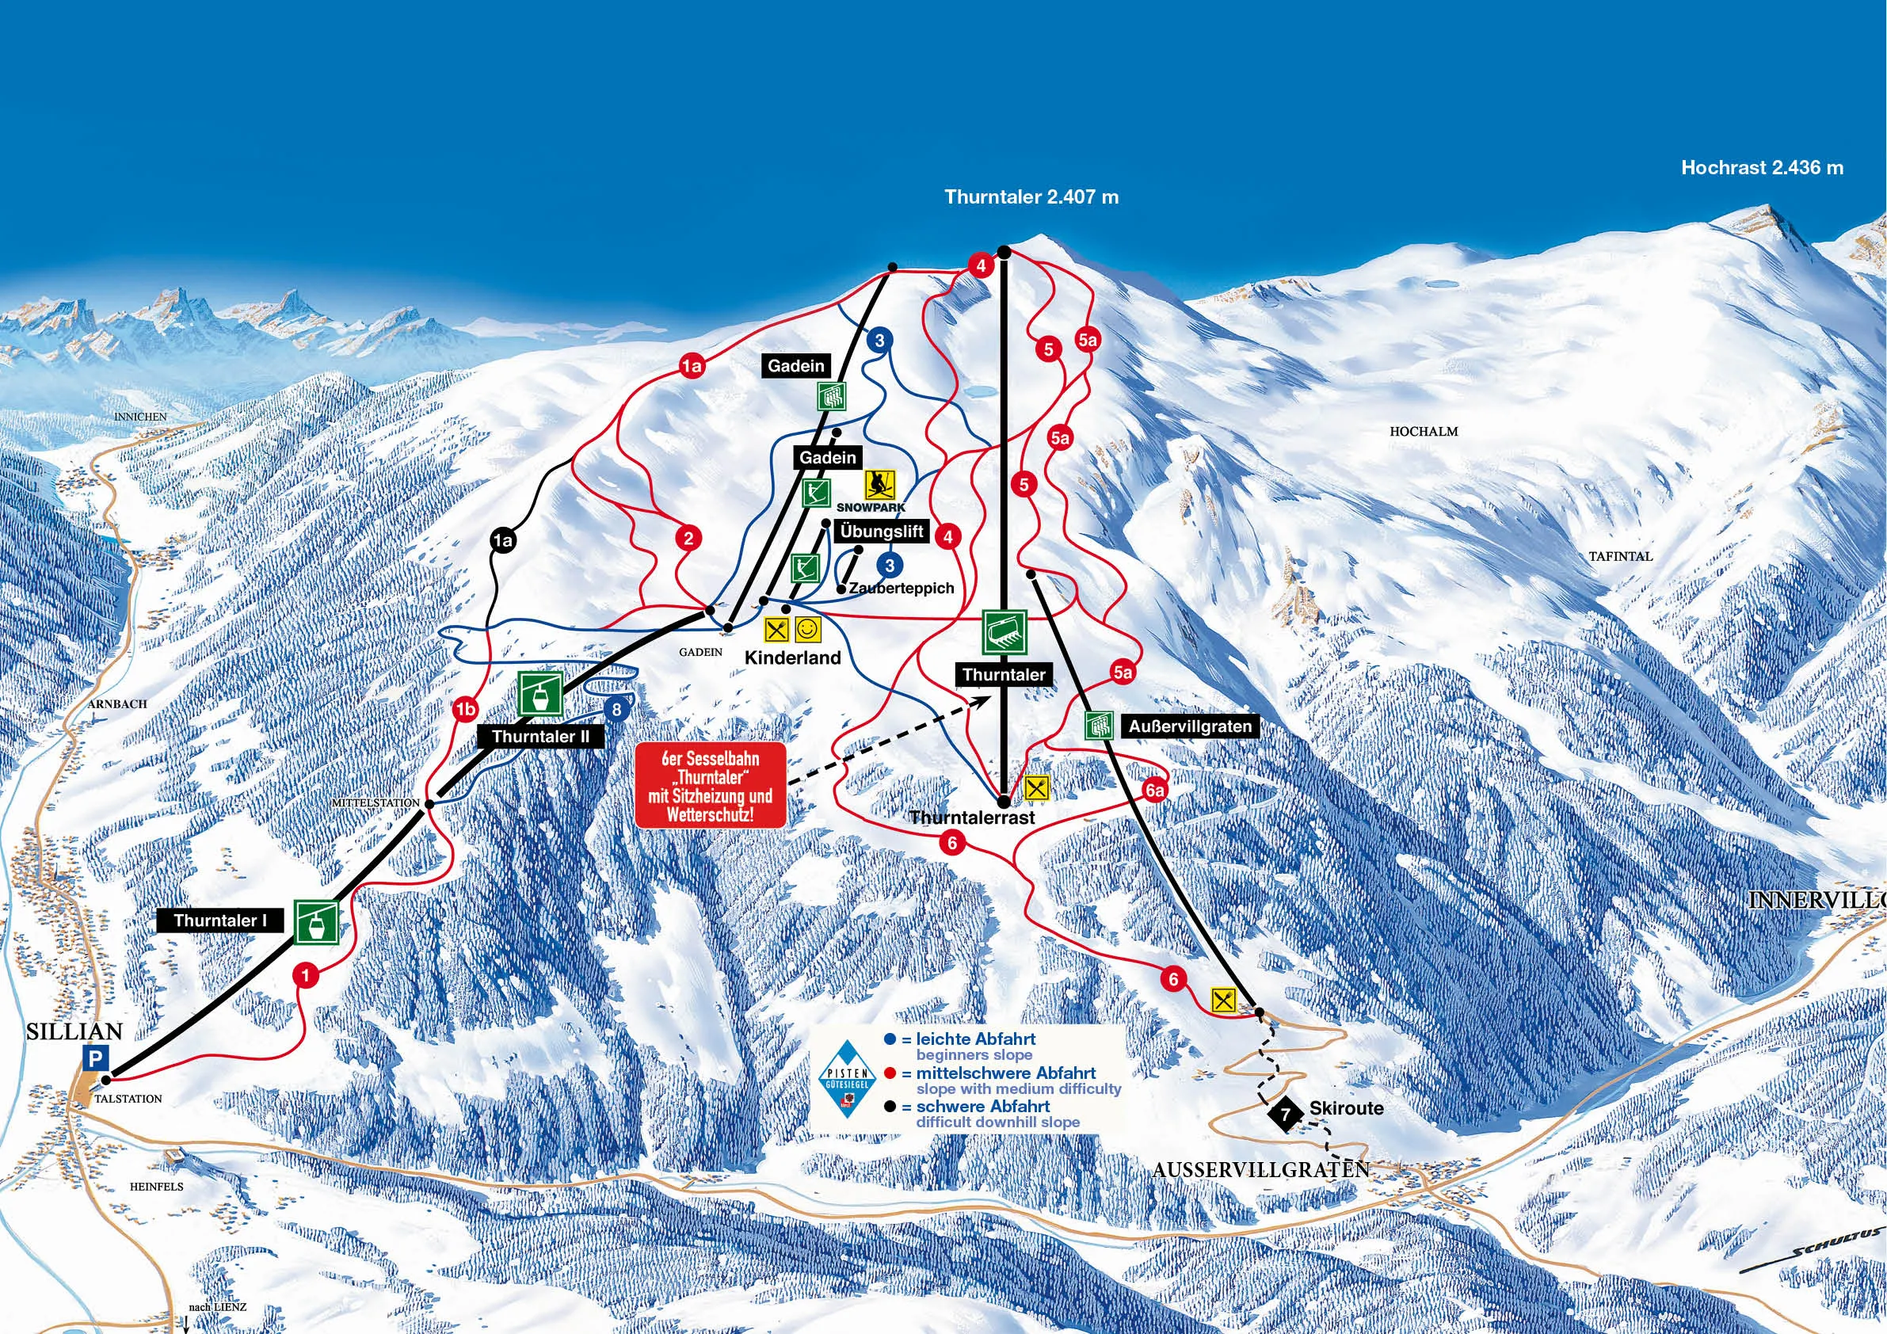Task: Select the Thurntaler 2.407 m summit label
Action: pos(1031,197)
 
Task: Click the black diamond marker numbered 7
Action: pos(1287,1114)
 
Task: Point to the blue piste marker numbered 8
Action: pos(616,708)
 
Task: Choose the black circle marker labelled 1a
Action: pos(502,540)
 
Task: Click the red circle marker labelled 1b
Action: pos(465,708)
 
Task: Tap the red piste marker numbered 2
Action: pos(688,539)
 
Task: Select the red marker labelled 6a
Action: pos(1154,790)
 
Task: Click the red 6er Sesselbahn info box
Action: pos(710,786)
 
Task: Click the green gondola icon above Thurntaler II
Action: pos(540,694)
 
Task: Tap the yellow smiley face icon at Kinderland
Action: pos(809,631)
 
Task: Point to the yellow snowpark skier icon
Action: pos(879,484)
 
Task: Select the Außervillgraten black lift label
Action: pos(1189,726)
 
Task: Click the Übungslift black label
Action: pos(882,531)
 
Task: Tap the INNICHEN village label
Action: pos(140,417)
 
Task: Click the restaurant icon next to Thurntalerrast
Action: pos(1038,787)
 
